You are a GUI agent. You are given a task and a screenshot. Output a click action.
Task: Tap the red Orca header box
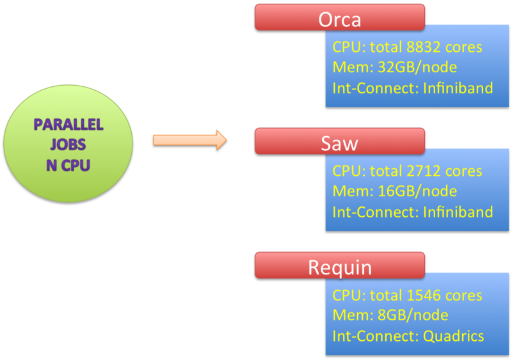(339, 17)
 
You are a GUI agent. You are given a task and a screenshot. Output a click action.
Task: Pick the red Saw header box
(339, 141)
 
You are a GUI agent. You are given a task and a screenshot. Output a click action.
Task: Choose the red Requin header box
(339, 265)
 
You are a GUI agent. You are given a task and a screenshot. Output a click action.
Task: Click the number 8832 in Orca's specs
(427, 47)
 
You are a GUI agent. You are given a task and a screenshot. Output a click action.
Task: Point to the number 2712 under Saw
(426, 171)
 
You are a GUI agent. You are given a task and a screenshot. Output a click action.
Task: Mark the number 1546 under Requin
(426, 295)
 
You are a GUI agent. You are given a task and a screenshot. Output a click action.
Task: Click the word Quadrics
(453, 336)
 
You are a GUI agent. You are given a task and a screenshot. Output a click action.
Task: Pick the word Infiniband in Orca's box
(458, 88)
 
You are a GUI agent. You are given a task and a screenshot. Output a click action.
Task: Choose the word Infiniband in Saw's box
(458, 212)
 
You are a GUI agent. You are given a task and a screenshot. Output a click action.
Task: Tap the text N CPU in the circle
(68, 165)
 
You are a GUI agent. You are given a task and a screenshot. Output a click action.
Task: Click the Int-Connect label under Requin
(374, 336)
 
